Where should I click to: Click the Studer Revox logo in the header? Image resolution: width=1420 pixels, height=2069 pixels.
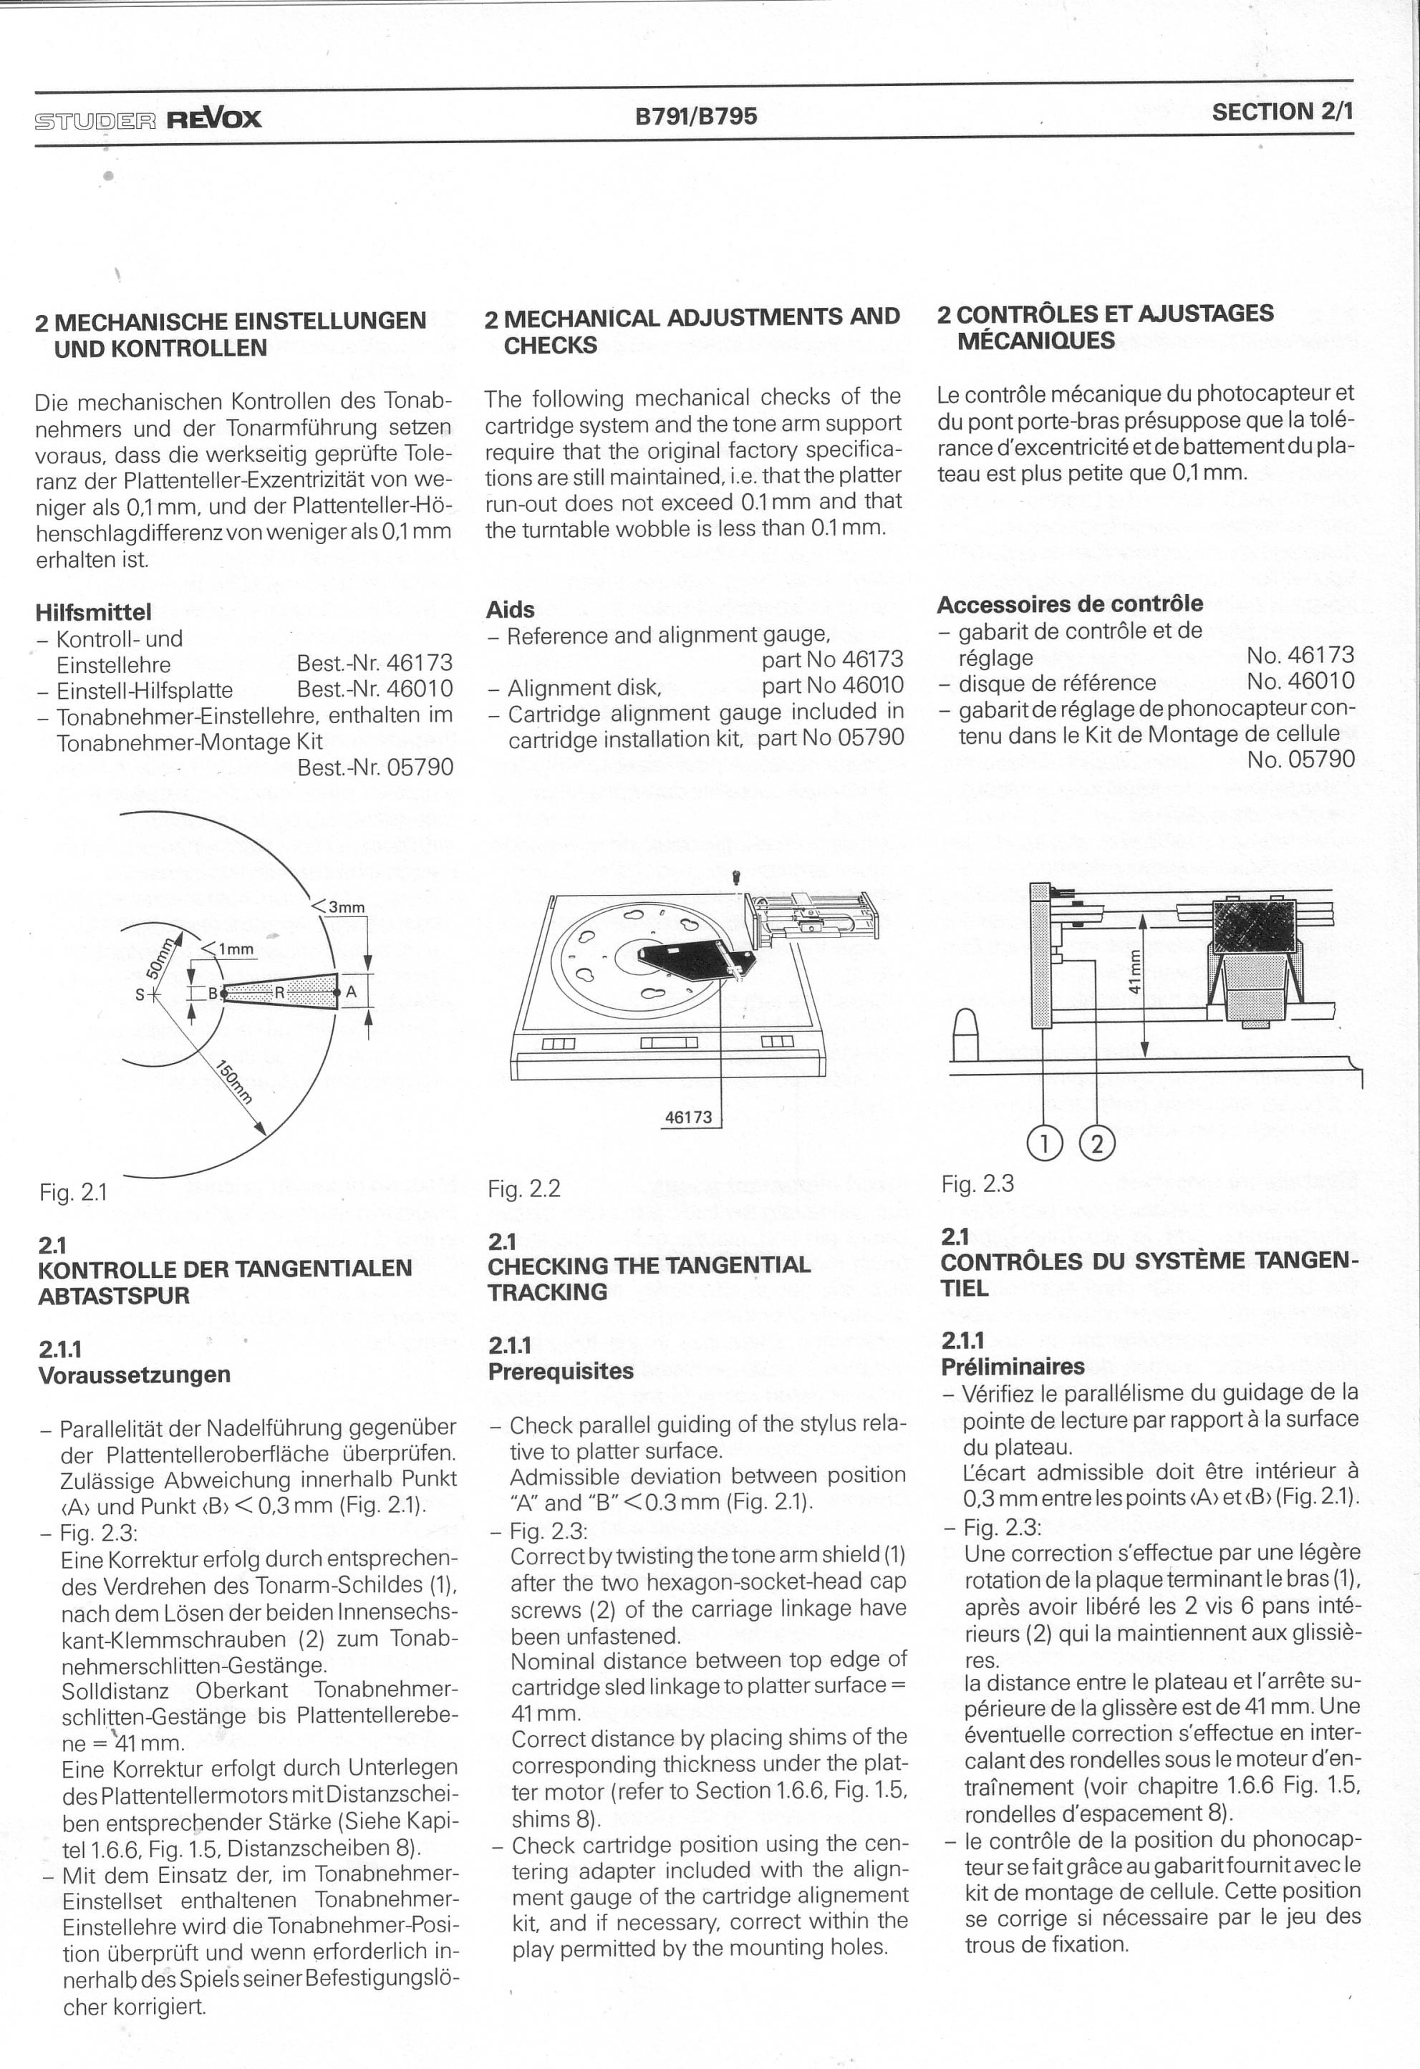[148, 118]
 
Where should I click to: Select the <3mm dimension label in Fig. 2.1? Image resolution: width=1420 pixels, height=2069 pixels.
[338, 907]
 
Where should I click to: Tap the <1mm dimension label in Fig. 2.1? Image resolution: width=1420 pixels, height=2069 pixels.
[229, 949]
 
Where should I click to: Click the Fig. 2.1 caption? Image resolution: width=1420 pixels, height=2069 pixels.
[73, 1192]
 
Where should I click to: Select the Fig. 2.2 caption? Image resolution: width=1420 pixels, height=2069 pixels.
[524, 1188]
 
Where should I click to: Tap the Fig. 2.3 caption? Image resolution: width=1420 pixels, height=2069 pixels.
[977, 1184]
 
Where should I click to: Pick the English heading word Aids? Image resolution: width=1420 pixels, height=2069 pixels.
[510, 610]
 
